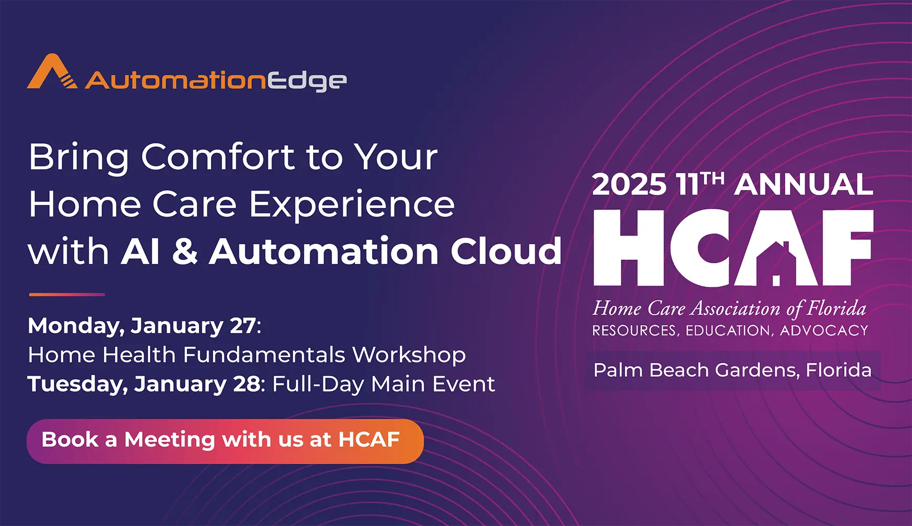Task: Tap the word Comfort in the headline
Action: coord(218,157)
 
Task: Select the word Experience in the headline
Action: coord(351,205)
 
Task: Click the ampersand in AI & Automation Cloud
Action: coord(185,252)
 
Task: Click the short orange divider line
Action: coord(67,295)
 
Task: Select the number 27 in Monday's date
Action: coord(243,326)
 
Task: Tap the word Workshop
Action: coord(409,355)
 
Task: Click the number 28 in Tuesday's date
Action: coord(247,384)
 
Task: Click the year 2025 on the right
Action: coord(629,185)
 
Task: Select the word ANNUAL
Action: coord(804,185)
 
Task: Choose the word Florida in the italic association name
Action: coord(836,308)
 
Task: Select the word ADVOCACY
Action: coord(824,331)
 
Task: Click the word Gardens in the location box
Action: coord(757,371)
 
